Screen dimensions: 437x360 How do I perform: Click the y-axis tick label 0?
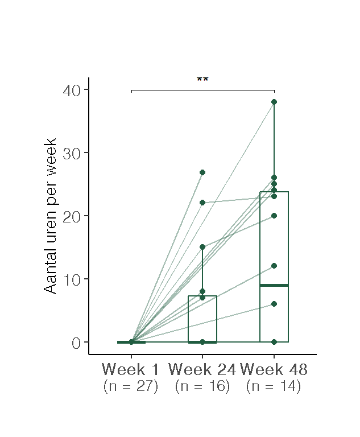pos(76,343)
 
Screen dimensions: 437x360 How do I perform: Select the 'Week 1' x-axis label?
pos(131,369)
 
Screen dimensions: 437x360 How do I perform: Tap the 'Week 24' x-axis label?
pos(202,369)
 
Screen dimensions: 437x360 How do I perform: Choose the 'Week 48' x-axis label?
pos(274,369)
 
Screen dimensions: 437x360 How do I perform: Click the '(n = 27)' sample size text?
pos(131,386)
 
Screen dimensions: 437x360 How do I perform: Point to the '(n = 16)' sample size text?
pos(202,386)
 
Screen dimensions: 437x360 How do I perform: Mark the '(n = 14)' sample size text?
pos(274,386)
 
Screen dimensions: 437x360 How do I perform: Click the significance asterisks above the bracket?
pos(202,80)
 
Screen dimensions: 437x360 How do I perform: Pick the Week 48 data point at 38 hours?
pos(274,102)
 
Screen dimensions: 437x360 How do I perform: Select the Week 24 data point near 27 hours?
pos(202,172)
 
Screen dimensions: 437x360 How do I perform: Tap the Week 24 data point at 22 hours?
pos(202,203)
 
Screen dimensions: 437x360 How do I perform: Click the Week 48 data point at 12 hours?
pos(274,266)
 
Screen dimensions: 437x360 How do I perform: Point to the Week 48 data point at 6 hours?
pos(274,304)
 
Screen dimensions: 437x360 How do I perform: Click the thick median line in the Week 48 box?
pos(274,285)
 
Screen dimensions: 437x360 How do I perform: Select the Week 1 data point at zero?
pos(131,342)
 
